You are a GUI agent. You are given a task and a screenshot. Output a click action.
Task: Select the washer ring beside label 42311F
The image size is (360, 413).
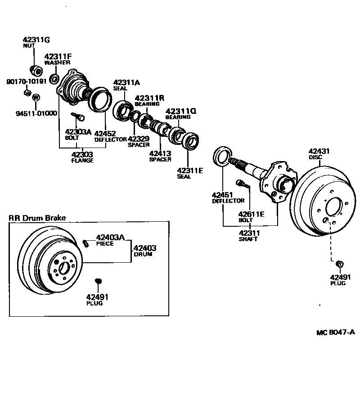54,80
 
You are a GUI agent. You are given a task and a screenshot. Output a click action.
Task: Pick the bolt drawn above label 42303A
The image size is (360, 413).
77,117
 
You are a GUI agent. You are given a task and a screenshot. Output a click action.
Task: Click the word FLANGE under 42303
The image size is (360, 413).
82,161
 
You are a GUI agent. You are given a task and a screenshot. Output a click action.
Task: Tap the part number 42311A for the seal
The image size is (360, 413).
126,82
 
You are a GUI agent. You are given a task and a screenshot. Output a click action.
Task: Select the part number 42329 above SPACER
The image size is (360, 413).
138,139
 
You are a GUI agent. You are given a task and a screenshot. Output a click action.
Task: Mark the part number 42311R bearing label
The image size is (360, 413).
149,98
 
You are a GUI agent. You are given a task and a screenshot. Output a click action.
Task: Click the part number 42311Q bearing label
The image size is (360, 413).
180,111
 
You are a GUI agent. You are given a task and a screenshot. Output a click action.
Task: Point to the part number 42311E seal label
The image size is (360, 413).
190,171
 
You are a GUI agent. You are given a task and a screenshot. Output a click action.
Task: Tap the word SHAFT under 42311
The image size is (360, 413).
248,239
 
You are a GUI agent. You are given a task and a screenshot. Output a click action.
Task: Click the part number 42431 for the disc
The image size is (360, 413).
319,152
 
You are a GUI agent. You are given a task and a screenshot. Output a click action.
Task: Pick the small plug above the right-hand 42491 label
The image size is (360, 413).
340,264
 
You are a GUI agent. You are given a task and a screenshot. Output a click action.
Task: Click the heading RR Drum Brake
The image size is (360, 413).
37,218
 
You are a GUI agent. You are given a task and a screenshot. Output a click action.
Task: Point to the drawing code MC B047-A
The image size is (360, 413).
335,332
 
